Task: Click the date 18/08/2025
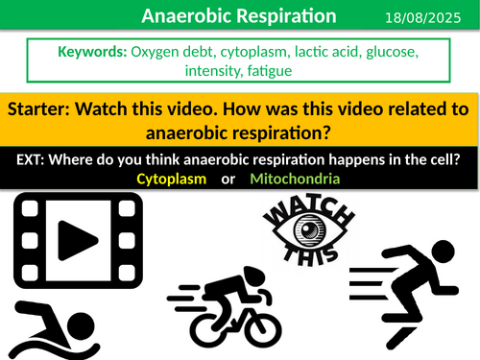pos(429,17)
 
